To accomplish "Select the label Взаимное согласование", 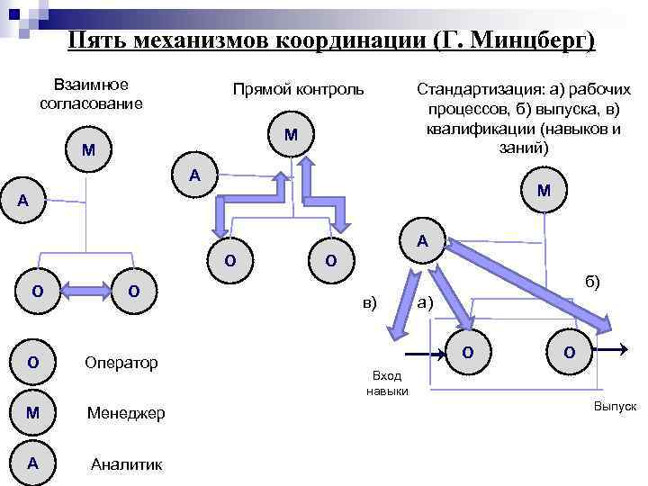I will (91, 94).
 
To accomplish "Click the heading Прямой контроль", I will (298, 89).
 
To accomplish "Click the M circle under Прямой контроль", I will (291, 135).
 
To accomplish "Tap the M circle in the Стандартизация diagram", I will (544, 191).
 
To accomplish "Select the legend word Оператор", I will (121, 363).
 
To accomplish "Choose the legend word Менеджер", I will (126, 413).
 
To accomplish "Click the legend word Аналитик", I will (127, 463).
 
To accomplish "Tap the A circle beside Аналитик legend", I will (32, 463).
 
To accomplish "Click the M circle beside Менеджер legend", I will (32, 412).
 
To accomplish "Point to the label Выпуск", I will (615, 407).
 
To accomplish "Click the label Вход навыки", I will (388, 382).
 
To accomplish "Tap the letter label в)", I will (370, 301).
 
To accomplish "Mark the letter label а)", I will (426, 302).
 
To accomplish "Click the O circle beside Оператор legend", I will (32, 362).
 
